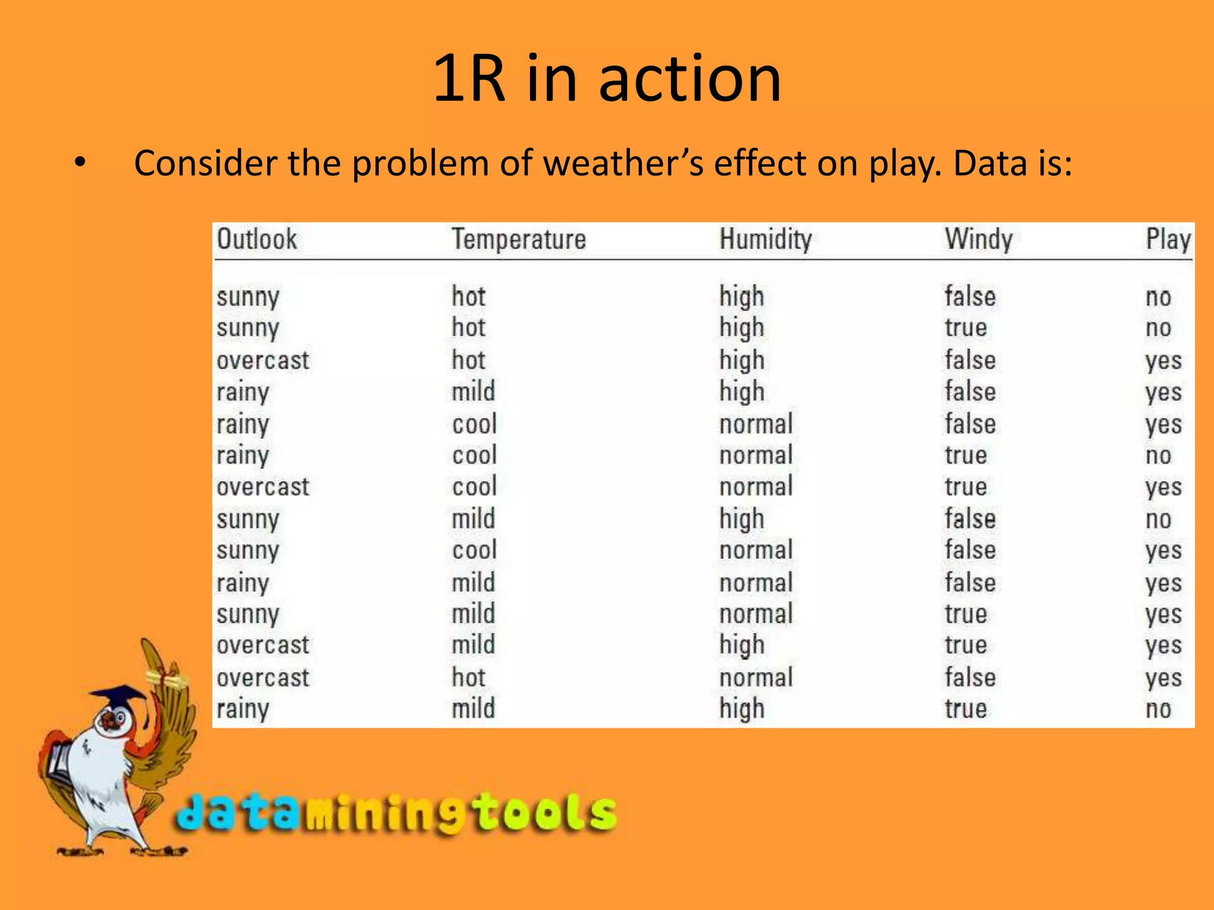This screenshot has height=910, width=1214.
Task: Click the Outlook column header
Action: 257,239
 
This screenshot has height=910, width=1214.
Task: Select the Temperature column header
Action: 519,239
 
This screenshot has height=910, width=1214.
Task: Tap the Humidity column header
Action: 765,239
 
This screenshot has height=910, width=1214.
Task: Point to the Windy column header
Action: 979,239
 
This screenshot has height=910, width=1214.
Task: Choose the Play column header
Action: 1168,239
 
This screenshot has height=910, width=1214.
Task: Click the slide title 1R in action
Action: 607,78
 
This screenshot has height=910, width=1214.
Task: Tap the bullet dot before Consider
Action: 81,163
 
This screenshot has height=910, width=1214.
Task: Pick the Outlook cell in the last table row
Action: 242,709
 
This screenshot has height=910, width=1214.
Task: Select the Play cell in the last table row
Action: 1158,709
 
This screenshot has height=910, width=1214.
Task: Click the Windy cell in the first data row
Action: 970,296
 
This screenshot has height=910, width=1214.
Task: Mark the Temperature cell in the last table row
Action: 473,709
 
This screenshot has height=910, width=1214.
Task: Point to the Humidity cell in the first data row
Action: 742,297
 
